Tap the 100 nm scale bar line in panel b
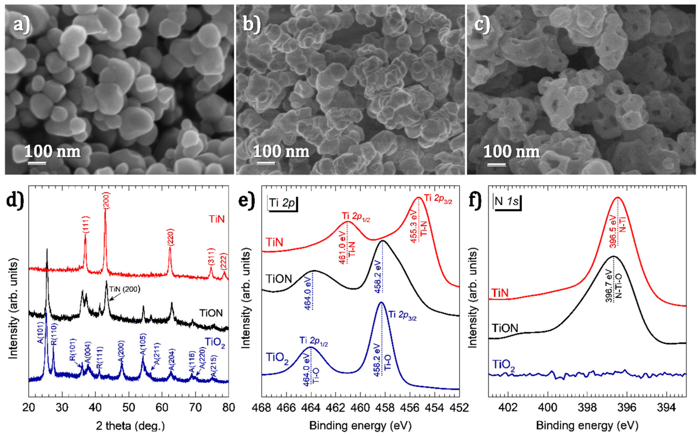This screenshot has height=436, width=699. tap(266, 163)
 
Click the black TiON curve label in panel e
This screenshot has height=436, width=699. tap(279, 279)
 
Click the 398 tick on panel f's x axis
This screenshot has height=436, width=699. tap(587, 408)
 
